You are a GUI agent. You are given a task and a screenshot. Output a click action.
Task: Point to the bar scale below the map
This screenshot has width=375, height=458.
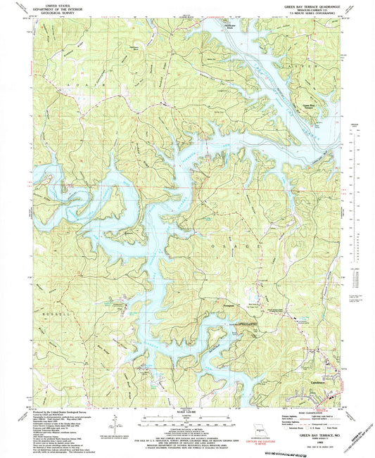(186, 419)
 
